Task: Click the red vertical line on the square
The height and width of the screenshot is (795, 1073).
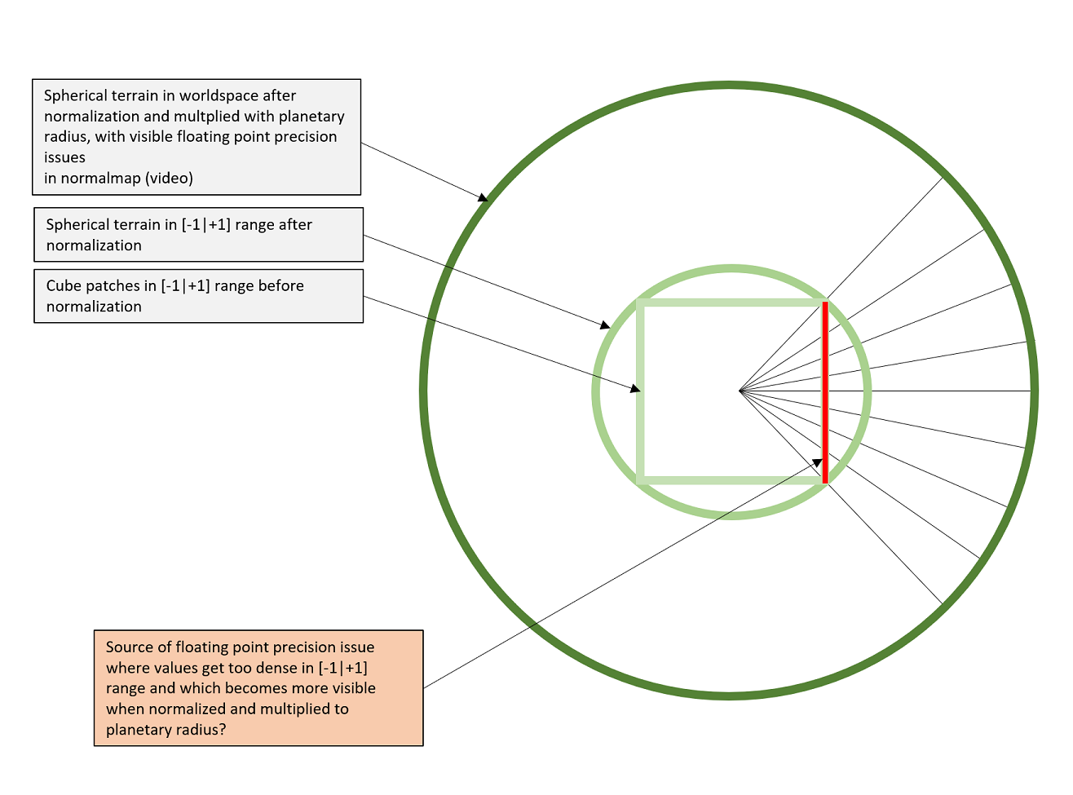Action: [825, 392]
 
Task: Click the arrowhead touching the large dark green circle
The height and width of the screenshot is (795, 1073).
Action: [483, 197]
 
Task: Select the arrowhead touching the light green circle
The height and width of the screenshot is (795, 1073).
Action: [605, 325]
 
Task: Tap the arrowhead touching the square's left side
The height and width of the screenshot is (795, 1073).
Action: [635, 388]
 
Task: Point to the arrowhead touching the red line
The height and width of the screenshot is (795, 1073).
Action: [817, 462]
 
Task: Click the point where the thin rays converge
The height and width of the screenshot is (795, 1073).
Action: [740, 391]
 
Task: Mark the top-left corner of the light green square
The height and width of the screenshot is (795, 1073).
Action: [639, 303]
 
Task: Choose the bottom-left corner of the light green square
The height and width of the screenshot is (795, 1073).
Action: [639, 480]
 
